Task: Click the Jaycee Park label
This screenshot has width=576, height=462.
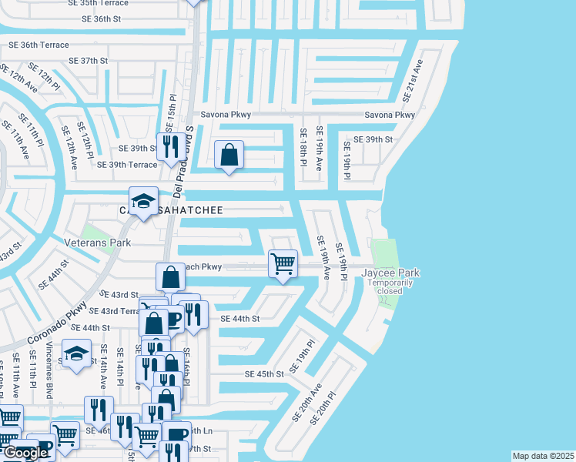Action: coord(392,273)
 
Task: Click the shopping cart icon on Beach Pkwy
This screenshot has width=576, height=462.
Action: coord(283,263)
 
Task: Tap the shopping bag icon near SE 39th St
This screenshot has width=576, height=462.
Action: coord(229,155)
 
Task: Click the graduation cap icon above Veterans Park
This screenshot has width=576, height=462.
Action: coord(143,201)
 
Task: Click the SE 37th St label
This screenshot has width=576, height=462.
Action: coord(88,60)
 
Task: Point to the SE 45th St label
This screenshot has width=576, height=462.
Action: coord(264,373)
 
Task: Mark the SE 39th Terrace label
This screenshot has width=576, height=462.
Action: coord(126,164)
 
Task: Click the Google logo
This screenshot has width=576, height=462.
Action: coord(26,453)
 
